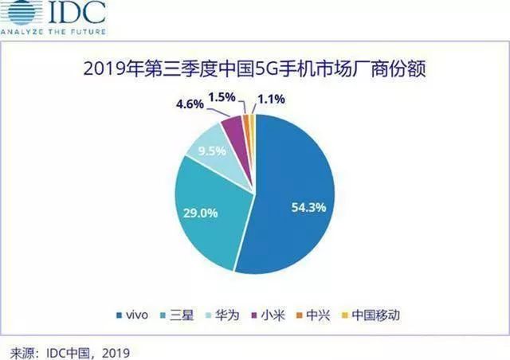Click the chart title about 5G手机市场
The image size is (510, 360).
click(x=254, y=70)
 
